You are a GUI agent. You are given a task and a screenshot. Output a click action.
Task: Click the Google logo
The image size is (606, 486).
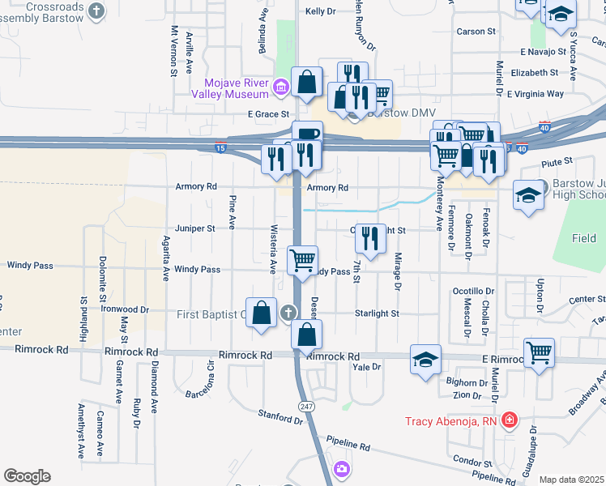click(27, 476)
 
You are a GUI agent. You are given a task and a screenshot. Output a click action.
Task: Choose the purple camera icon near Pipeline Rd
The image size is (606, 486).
click(342, 469)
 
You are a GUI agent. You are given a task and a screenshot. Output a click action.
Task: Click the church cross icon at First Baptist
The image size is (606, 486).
click(287, 313)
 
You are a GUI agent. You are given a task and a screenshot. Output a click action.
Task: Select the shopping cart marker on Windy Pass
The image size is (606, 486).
click(303, 261)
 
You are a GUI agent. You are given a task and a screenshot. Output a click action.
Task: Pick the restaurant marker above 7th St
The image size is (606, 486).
click(370, 238)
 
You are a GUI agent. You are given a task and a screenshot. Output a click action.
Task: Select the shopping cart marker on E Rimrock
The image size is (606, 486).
click(539, 352)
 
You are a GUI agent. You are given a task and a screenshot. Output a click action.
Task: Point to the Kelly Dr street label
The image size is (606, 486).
click(320, 11)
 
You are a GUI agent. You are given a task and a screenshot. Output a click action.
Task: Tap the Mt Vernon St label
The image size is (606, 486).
click(173, 50)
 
